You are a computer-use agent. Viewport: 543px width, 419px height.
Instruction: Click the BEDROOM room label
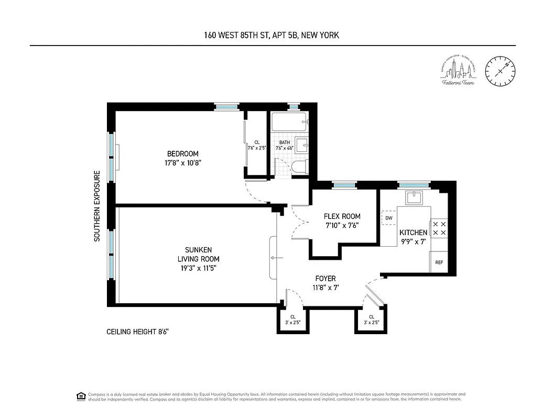coord(182,153)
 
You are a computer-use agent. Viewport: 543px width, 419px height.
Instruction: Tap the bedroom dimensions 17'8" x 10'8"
coord(182,163)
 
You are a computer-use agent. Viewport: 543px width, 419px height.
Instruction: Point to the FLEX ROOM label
coord(342,216)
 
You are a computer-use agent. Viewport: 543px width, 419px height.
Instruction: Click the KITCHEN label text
coord(413,233)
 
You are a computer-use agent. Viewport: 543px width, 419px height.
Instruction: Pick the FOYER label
coord(325,279)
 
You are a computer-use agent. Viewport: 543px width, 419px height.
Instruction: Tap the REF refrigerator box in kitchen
coord(438,262)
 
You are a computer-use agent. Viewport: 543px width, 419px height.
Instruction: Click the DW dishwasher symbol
coord(389,218)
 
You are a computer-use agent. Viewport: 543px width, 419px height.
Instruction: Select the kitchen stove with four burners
coord(439,228)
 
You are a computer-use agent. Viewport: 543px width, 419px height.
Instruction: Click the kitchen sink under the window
coord(414,198)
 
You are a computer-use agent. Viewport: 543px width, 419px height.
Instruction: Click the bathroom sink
coord(301,145)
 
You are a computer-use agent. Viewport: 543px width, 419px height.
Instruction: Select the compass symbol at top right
coord(499,72)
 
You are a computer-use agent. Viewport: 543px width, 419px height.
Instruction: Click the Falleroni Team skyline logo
coord(458,72)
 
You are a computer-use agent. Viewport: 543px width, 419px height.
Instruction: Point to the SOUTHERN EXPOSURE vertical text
coord(97,206)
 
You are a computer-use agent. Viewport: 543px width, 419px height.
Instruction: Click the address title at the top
coord(271,36)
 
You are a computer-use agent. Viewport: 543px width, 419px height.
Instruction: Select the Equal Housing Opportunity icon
coord(81,395)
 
